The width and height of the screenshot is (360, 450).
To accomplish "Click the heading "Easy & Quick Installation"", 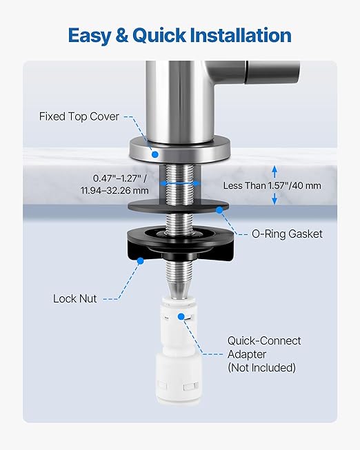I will pos(179,34).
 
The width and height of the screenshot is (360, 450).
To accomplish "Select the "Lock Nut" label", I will pos(75,298).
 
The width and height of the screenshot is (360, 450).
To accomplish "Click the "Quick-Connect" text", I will pos(264,341).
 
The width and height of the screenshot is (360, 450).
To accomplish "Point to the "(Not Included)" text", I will pos(261,368).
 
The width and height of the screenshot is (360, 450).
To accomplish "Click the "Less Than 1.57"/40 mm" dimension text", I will pos(272,185).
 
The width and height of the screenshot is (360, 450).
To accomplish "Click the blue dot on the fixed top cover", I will pos(154,152).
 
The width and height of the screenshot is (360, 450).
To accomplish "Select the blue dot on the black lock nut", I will pos(140,260).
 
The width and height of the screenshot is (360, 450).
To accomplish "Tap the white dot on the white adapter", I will pos(183,316).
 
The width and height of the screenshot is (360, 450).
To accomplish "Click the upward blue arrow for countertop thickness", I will pos(274,170).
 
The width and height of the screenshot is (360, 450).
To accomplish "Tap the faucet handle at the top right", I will pos(272,72).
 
